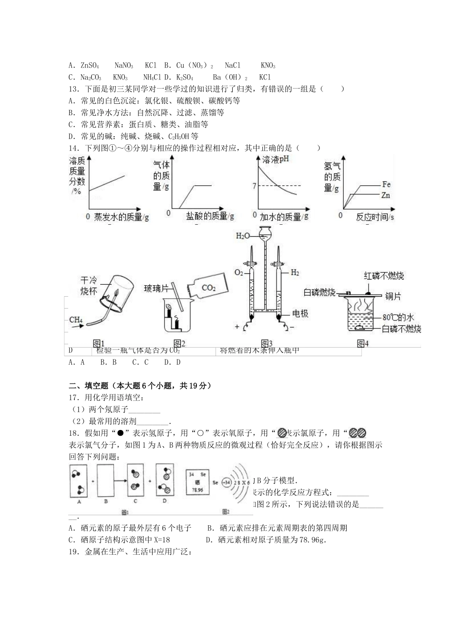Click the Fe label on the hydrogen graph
click(x=386, y=185)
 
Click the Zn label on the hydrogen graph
click(x=386, y=195)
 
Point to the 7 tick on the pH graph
click(x=254, y=186)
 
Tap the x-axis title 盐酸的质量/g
click(x=210, y=216)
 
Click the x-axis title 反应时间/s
click(x=375, y=217)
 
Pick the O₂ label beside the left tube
click(x=239, y=273)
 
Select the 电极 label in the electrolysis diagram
click(x=300, y=313)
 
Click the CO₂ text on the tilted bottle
click(x=209, y=288)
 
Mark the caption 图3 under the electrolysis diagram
click(x=267, y=343)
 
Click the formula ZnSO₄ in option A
click(x=90, y=65)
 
